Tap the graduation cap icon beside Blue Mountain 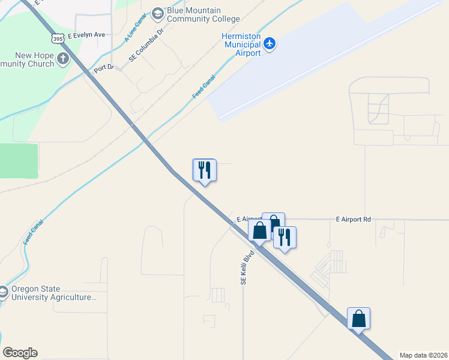pyautogui.click(x=157, y=13)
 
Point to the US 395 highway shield pyautogui.click(x=58, y=38)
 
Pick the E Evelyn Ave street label pyautogui.click(x=86, y=35)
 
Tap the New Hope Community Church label pyautogui.click(x=27, y=60)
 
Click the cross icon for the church pyautogui.click(x=63, y=59)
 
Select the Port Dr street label pyautogui.click(x=104, y=70)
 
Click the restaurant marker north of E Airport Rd pyautogui.click(x=204, y=170)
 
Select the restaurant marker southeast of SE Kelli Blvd pyautogui.click(x=285, y=238)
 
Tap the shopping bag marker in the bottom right pyautogui.click(x=358, y=318)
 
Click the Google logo pyautogui.click(x=20, y=353)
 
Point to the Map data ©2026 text pyautogui.click(x=424, y=355)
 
